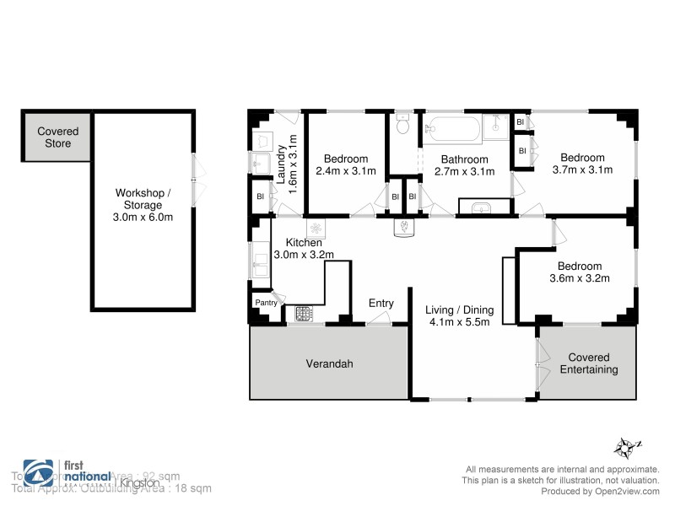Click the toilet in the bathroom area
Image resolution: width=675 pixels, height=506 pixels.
point(402,125)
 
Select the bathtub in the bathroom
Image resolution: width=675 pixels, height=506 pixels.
point(451,130)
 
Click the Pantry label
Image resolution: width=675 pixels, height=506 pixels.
point(266,302)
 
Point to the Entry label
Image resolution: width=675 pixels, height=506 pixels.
point(381,304)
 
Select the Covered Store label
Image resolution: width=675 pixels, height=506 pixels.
point(58,137)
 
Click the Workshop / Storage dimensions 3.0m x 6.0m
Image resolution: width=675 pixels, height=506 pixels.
point(143,217)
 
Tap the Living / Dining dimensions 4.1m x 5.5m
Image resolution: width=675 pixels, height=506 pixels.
point(459,321)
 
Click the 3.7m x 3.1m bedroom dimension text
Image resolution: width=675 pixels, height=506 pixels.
point(582,170)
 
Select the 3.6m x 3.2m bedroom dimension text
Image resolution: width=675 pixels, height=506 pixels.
point(580,277)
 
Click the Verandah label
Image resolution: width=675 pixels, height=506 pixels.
point(328,364)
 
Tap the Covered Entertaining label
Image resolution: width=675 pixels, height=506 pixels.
point(588,363)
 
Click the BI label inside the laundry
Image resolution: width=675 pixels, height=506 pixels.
point(260,198)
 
